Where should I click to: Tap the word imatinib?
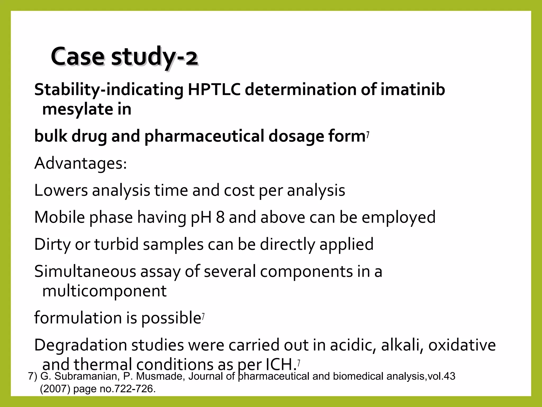pos(413,90)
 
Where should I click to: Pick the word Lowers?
pos(61,191)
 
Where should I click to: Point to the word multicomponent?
pos(104,291)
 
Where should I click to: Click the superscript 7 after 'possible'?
pos(203,316)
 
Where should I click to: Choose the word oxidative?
pos(462,345)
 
